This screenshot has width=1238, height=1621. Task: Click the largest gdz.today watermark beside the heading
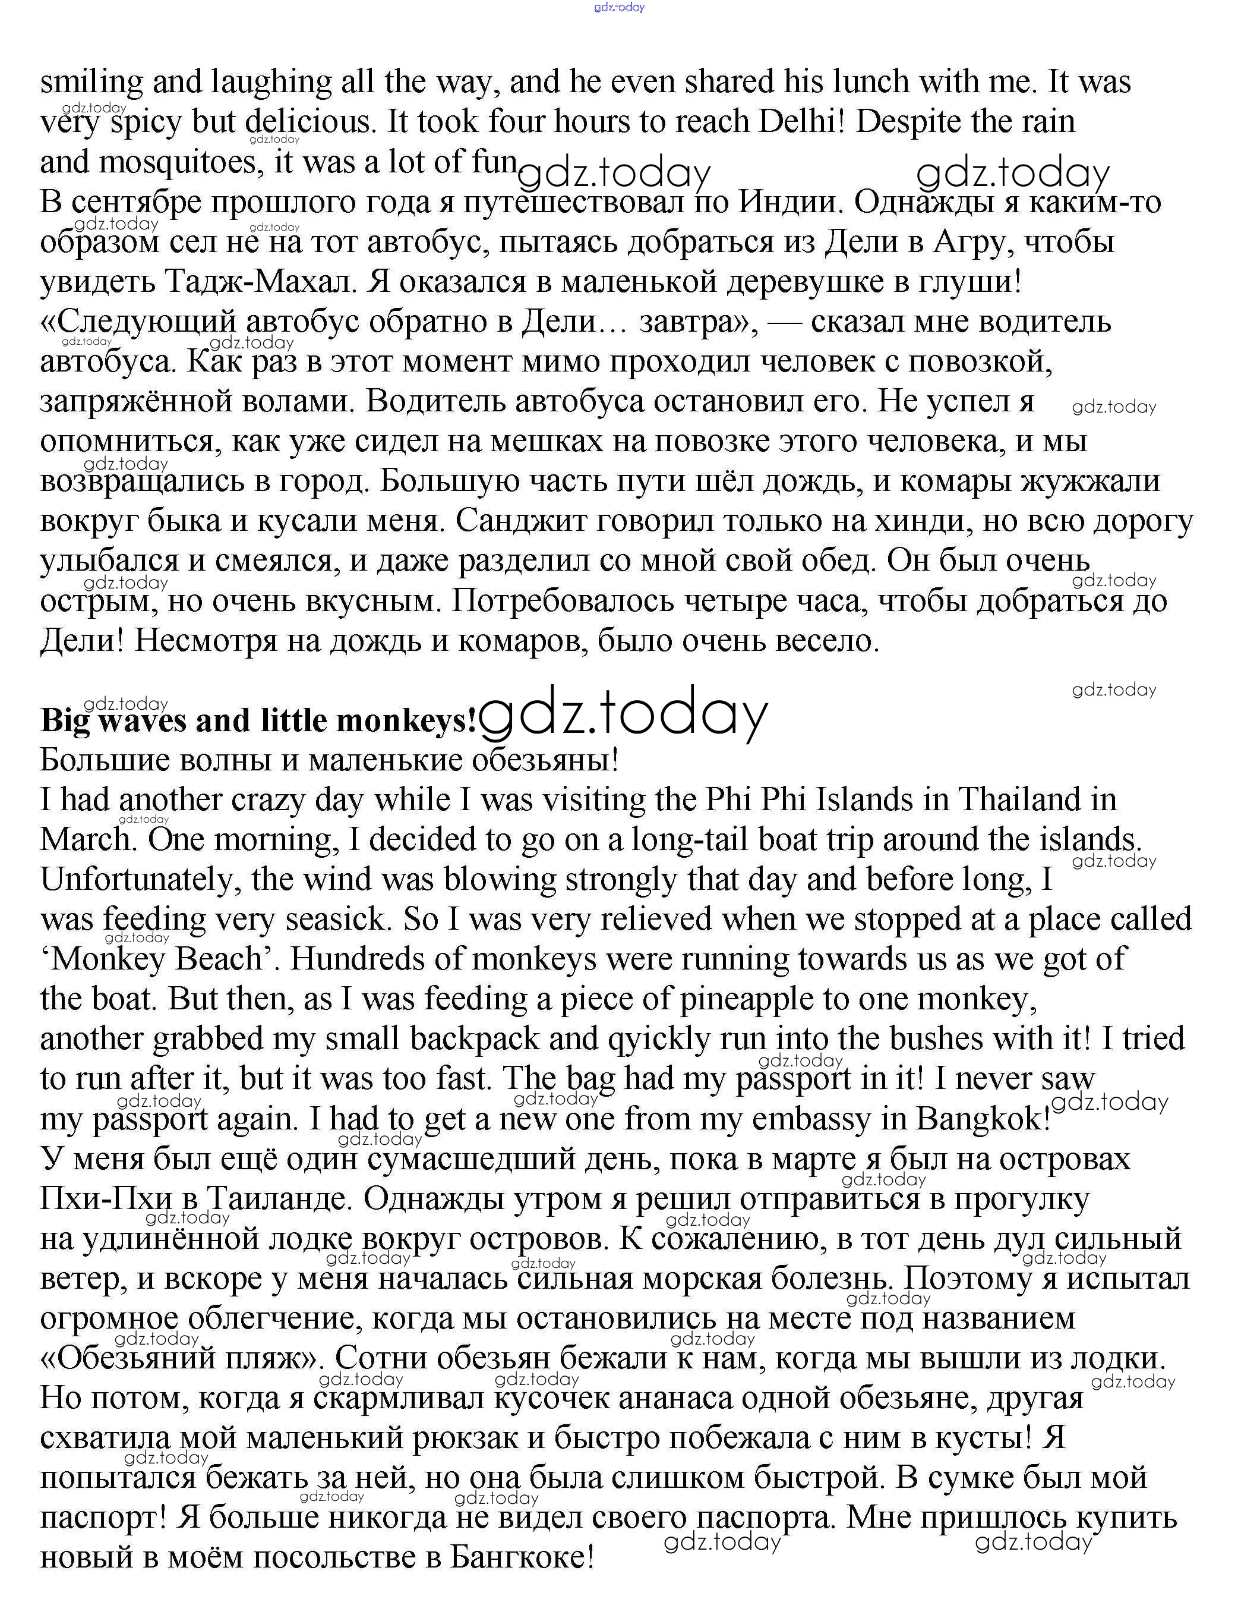[x=623, y=715]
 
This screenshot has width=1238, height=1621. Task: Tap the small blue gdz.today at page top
[x=618, y=7]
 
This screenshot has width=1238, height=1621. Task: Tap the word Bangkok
[x=980, y=1119]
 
